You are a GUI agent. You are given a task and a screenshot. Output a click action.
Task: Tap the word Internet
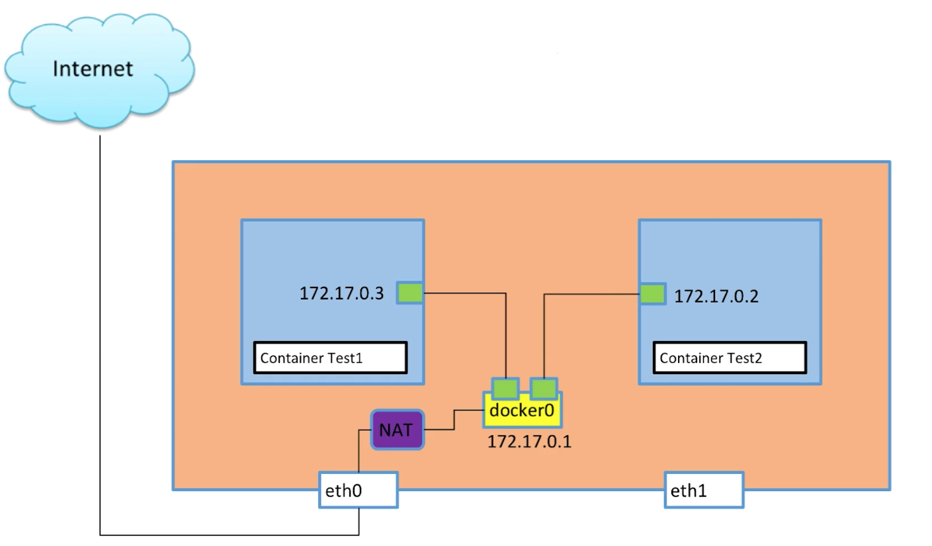tap(93, 68)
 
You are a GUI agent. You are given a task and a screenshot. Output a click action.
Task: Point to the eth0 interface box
tap(359, 490)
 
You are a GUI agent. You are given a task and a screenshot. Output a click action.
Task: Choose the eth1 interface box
tap(704, 490)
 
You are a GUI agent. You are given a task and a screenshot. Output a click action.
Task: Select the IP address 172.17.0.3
tap(341, 293)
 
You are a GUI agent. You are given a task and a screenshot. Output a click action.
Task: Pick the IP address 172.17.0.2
tap(716, 296)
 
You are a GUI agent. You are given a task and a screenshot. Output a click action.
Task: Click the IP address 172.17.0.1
tap(529, 442)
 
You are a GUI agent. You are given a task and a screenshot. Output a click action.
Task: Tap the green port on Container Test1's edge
tap(410, 293)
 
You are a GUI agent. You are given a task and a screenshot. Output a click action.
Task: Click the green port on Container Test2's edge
tap(653, 294)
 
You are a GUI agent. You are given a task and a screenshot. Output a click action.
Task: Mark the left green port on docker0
tap(505, 388)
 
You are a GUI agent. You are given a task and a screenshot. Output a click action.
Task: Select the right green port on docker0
tap(544, 388)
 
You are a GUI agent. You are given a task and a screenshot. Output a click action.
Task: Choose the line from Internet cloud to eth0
tap(100, 331)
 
